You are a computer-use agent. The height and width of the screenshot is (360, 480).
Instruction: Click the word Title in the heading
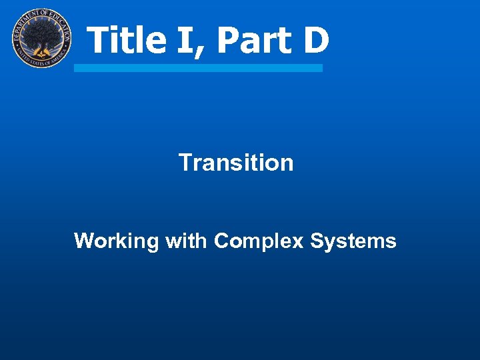127,40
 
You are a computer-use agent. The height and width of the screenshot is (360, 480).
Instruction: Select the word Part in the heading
249,40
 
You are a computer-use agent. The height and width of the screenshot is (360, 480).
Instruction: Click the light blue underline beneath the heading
198,68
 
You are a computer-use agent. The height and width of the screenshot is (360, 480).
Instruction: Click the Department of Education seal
41,39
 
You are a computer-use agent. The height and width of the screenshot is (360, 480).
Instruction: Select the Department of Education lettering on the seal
41,14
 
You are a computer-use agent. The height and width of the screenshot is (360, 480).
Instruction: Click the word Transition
236,163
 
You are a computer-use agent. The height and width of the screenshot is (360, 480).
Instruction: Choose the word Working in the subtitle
116,241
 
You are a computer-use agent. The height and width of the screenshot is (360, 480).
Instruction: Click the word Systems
353,241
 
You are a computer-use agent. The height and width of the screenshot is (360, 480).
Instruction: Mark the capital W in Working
83,241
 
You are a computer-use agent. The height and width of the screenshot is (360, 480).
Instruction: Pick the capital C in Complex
221,241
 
